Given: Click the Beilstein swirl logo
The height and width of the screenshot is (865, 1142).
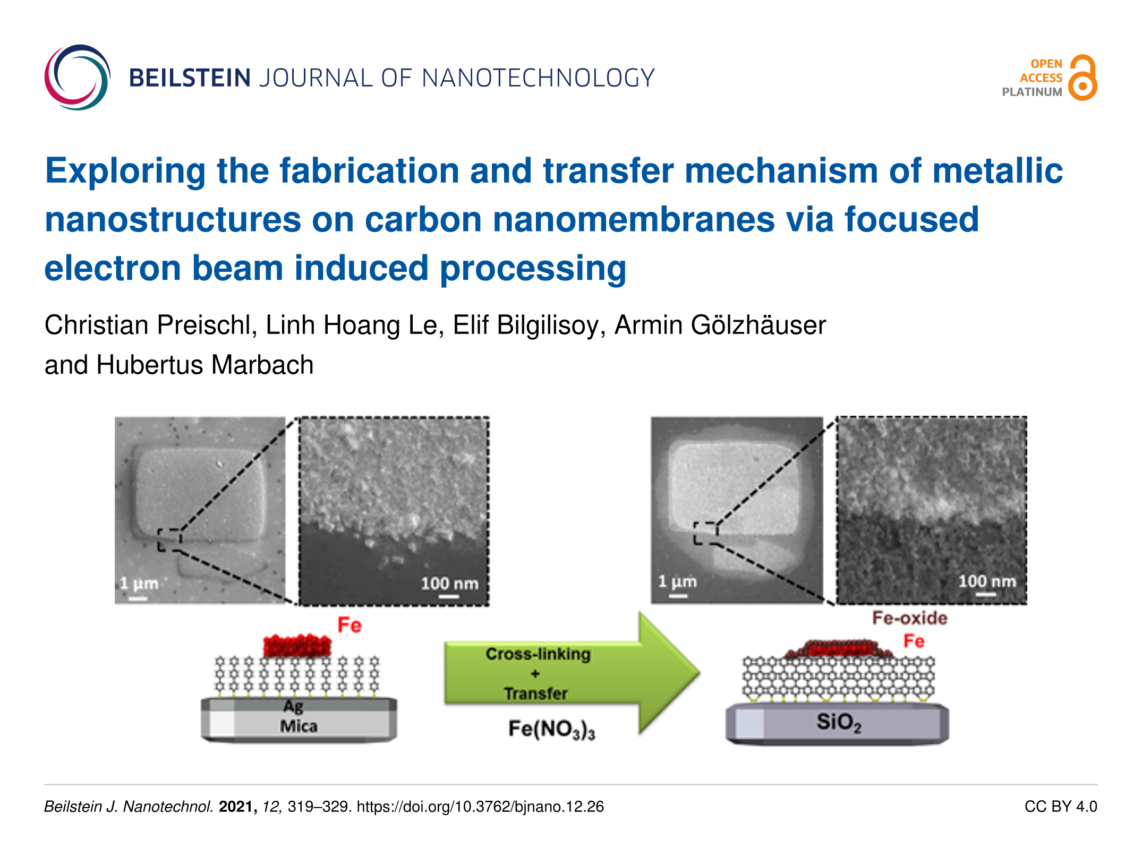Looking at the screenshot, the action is tap(78, 78).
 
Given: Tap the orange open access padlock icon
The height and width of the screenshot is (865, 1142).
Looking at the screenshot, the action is tap(1083, 78).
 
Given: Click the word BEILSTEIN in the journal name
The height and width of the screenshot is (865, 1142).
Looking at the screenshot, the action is tap(190, 78).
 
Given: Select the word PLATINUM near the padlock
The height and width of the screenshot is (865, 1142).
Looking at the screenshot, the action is tap(1032, 92).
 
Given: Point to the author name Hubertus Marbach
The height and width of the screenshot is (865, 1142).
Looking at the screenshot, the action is tap(205, 365).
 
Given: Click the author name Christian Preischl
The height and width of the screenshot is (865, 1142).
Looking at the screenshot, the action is tap(148, 325).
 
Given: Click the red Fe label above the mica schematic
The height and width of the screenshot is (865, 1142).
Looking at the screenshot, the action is tap(350, 625).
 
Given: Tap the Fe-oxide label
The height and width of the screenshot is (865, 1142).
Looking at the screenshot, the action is tap(909, 618).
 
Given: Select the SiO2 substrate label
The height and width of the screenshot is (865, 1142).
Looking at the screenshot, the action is tap(839, 723).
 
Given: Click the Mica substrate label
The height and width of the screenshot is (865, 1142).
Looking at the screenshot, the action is tap(299, 726).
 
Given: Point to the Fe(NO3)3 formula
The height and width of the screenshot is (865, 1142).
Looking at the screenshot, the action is tap(551, 729).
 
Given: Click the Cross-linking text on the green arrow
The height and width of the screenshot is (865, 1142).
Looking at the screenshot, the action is tap(538, 654).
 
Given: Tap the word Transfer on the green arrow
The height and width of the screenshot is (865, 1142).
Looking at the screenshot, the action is tap(535, 693).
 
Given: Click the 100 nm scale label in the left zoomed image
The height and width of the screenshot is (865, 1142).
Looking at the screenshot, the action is tap(449, 584).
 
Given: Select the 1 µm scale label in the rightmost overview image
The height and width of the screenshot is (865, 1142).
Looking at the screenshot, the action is tap(677, 581).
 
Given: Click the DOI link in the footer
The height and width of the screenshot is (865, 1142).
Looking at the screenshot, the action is tap(480, 807).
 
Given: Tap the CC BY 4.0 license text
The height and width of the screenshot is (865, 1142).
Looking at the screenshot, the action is tap(1061, 807).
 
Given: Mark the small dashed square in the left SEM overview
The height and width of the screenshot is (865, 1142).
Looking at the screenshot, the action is tap(169, 539).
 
